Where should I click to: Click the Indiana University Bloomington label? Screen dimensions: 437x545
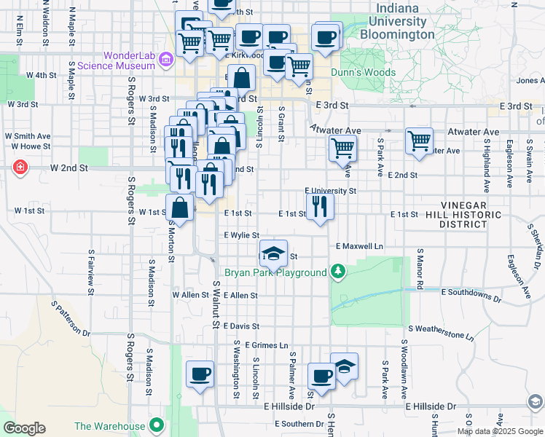pyautogui.click(x=407, y=22)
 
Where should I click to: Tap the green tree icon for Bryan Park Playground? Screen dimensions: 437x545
pyautogui.click(x=337, y=272)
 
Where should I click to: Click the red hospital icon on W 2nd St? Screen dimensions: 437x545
pyautogui.click(x=20, y=168)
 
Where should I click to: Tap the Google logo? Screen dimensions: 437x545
pyautogui.click(x=24, y=428)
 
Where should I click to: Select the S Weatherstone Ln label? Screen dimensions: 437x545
pyautogui.click(x=441, y=332)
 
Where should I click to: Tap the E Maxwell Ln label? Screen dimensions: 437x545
pyautogui.click(x=359, y=247)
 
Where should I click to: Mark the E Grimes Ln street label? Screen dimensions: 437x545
pyautogui.click(x=267, y=345)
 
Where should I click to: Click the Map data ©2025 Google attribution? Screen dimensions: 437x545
pyautogui.click(x=500, y=431)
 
